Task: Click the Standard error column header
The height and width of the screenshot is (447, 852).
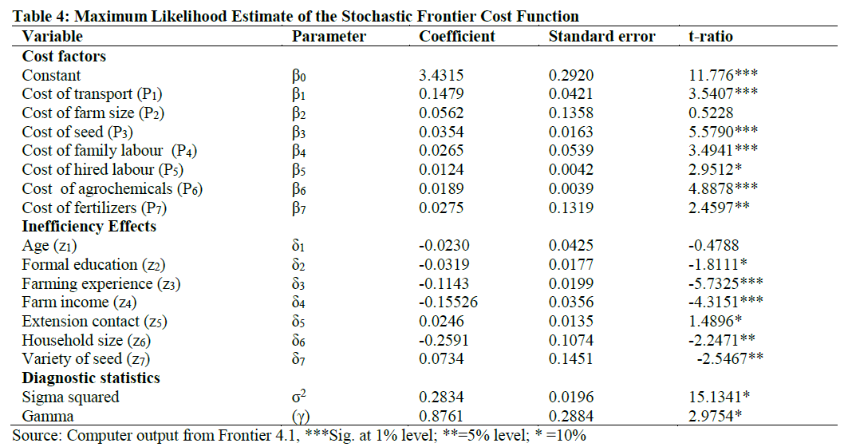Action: click(602, 36)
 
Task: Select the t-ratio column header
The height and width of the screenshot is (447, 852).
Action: click(710, 36)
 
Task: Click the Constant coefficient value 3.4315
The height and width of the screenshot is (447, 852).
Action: click(440, 76)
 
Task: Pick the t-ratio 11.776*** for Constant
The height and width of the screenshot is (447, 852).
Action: click(723, 76)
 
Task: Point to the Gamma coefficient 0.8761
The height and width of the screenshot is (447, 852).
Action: click(440, 416)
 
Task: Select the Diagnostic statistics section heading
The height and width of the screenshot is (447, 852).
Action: click(91, 378)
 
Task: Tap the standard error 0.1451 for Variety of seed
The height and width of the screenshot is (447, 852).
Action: click(570, 359)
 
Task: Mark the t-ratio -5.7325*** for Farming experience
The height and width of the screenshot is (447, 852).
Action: click(726, 283)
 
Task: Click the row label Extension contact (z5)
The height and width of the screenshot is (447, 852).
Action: click(95, 322)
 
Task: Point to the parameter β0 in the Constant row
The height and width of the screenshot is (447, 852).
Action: click(299, 76)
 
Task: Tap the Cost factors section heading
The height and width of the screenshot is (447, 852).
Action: click(64, 56)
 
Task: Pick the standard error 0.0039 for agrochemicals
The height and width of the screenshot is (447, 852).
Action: click(570, 188)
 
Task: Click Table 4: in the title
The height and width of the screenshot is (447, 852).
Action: click(36, 16)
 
